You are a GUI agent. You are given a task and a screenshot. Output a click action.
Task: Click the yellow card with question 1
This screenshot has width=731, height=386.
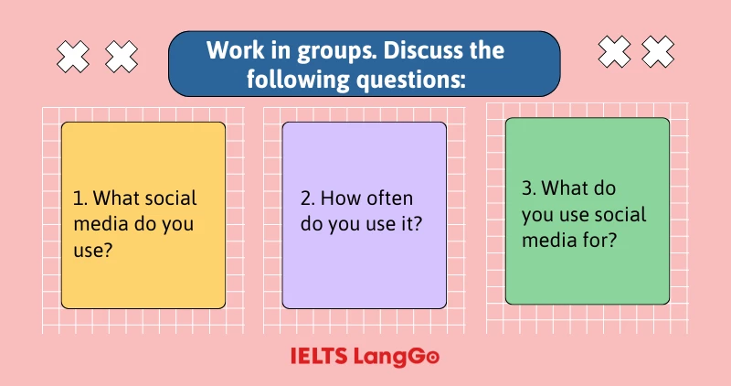click(143, 215)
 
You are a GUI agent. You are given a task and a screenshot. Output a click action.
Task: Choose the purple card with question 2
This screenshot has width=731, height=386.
click(364, 215)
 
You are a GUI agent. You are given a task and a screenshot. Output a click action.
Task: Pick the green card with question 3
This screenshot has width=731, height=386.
click(587, 210)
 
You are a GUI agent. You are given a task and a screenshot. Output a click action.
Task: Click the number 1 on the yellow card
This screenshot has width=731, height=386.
click(77, 198)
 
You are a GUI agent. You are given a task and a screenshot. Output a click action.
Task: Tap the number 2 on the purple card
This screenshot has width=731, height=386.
click(305, 198)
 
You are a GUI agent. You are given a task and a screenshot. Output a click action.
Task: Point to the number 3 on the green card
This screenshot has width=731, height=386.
click(527, 189)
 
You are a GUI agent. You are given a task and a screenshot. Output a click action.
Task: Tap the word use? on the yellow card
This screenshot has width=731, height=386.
click(93, 249)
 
